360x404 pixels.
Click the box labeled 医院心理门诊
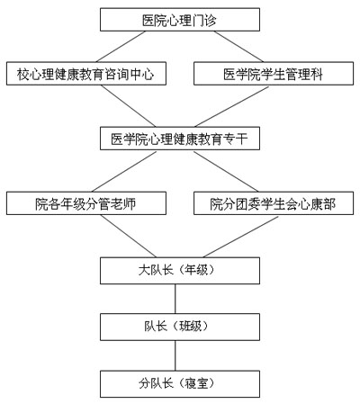180,20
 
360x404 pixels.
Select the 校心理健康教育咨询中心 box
86,74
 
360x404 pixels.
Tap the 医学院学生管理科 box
274,74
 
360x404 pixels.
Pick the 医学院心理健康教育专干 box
180,139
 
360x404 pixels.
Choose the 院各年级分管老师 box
86,203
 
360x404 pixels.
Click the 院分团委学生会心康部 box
274,203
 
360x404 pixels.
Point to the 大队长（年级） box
180,271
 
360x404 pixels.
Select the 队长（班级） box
180,327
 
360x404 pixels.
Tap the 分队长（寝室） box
180,384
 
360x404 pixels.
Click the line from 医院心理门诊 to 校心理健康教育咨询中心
121,47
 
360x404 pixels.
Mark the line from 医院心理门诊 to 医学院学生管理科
238,47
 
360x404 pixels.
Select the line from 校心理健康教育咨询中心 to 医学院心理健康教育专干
128,106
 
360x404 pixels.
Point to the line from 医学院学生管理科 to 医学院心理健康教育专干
231,106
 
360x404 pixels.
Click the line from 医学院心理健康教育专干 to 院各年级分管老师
124,172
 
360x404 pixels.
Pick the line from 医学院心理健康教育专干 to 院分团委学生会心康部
226,172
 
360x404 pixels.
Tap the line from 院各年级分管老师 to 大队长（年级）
129,236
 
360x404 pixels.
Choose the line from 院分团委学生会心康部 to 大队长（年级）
241,237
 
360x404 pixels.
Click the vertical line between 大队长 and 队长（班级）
175,299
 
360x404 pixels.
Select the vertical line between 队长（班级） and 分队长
175,355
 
